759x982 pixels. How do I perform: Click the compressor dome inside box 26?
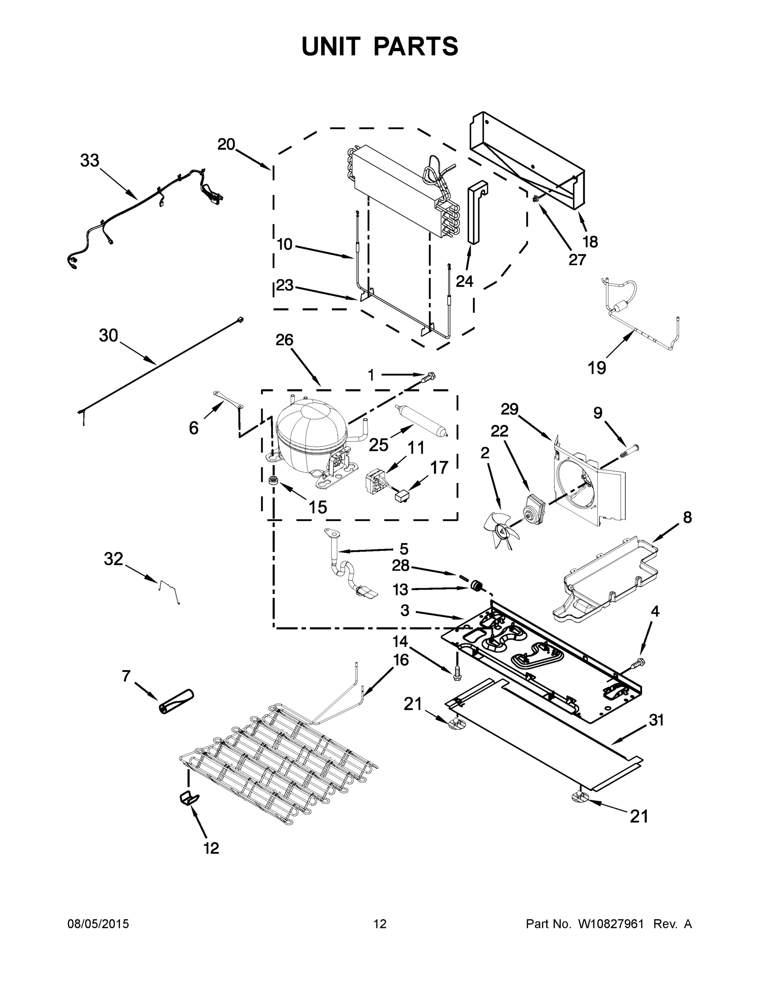pos(310,427)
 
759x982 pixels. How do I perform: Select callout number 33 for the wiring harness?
pos(90,160)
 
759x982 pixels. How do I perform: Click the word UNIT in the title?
pos(331,46)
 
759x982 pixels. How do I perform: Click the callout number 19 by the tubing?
pos(597,368)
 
